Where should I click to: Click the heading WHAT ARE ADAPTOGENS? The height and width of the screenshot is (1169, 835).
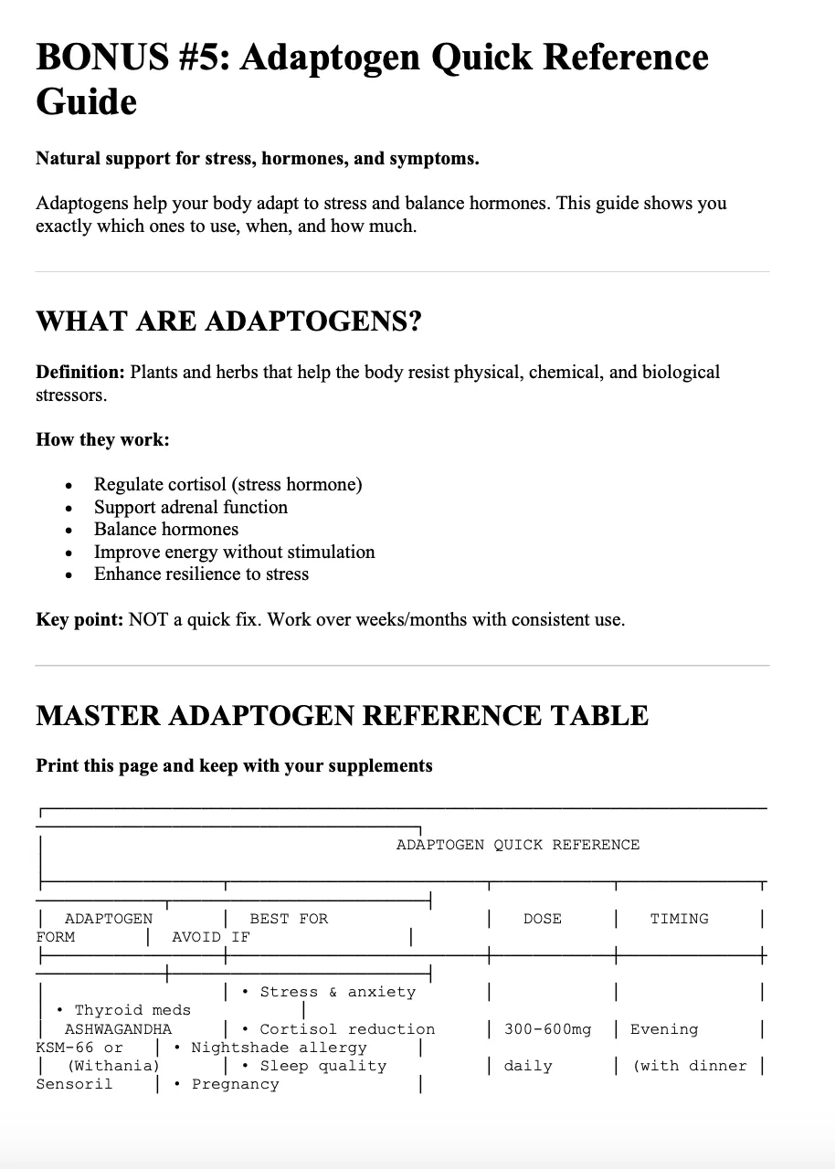coord(228,322)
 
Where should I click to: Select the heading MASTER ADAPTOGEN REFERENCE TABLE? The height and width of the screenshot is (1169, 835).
coord(342,715)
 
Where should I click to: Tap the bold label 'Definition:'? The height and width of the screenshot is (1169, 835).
coord(80,373)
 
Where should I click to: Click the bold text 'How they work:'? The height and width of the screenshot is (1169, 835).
coord(102,440)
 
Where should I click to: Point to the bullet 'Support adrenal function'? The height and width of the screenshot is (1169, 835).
coord(191,507)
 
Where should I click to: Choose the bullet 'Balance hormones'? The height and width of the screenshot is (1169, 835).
coord(166,530)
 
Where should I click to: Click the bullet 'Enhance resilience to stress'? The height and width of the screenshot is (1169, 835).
coord(201,574)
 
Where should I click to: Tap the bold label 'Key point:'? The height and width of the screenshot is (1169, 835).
coord(79,620)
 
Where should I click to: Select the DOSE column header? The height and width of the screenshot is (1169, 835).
coord(542,919)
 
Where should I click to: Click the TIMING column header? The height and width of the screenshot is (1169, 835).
coord(679,919)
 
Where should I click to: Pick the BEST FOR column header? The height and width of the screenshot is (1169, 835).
coord(288,919)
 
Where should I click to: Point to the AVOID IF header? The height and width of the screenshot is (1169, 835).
coord(210,937)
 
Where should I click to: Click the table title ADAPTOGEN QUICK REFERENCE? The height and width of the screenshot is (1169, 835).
coord(517,845)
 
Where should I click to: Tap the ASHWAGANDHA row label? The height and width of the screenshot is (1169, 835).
coord(118,1029)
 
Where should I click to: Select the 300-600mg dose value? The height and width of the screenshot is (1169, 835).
coord(547,1029)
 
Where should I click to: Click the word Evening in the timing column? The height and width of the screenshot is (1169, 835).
coord(664,1029)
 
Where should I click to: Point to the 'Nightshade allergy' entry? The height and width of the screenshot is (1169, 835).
coord(279,1048)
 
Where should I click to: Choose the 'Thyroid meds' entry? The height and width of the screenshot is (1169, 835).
coord(132,1010)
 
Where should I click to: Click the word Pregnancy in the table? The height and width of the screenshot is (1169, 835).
coord(235,1084)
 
